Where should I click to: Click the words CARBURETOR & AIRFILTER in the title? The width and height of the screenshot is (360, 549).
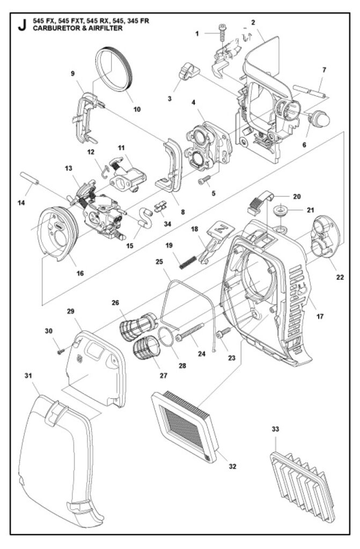coord(77,28)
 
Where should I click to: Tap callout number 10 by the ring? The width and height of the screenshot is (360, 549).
coord(136,109)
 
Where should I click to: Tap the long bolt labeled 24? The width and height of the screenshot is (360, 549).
coord(191,333)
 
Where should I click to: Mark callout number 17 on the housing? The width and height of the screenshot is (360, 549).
coord(320,317)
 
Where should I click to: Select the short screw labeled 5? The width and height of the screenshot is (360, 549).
coord(203,181)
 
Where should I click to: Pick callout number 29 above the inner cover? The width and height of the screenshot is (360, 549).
coord(71,311)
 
